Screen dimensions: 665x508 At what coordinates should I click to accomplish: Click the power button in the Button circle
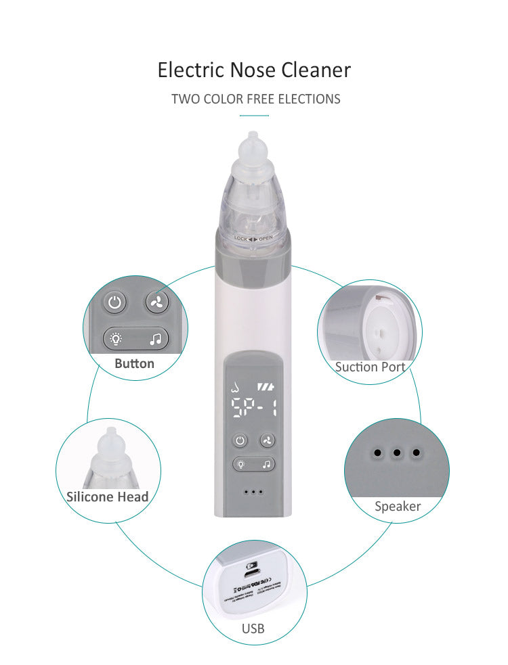114,302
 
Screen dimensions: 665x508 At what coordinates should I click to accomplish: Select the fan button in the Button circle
156,302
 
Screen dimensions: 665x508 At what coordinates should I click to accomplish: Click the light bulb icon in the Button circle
117,338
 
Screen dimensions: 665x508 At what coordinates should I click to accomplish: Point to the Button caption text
134,363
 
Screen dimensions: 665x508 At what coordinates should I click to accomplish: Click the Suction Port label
370,367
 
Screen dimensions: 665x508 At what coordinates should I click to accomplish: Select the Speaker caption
398,506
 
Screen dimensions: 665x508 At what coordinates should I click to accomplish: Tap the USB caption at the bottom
253,628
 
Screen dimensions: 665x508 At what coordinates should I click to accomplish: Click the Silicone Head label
107,496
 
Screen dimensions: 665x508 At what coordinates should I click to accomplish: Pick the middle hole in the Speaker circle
398,453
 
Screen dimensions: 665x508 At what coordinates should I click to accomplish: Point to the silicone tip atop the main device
253,152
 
